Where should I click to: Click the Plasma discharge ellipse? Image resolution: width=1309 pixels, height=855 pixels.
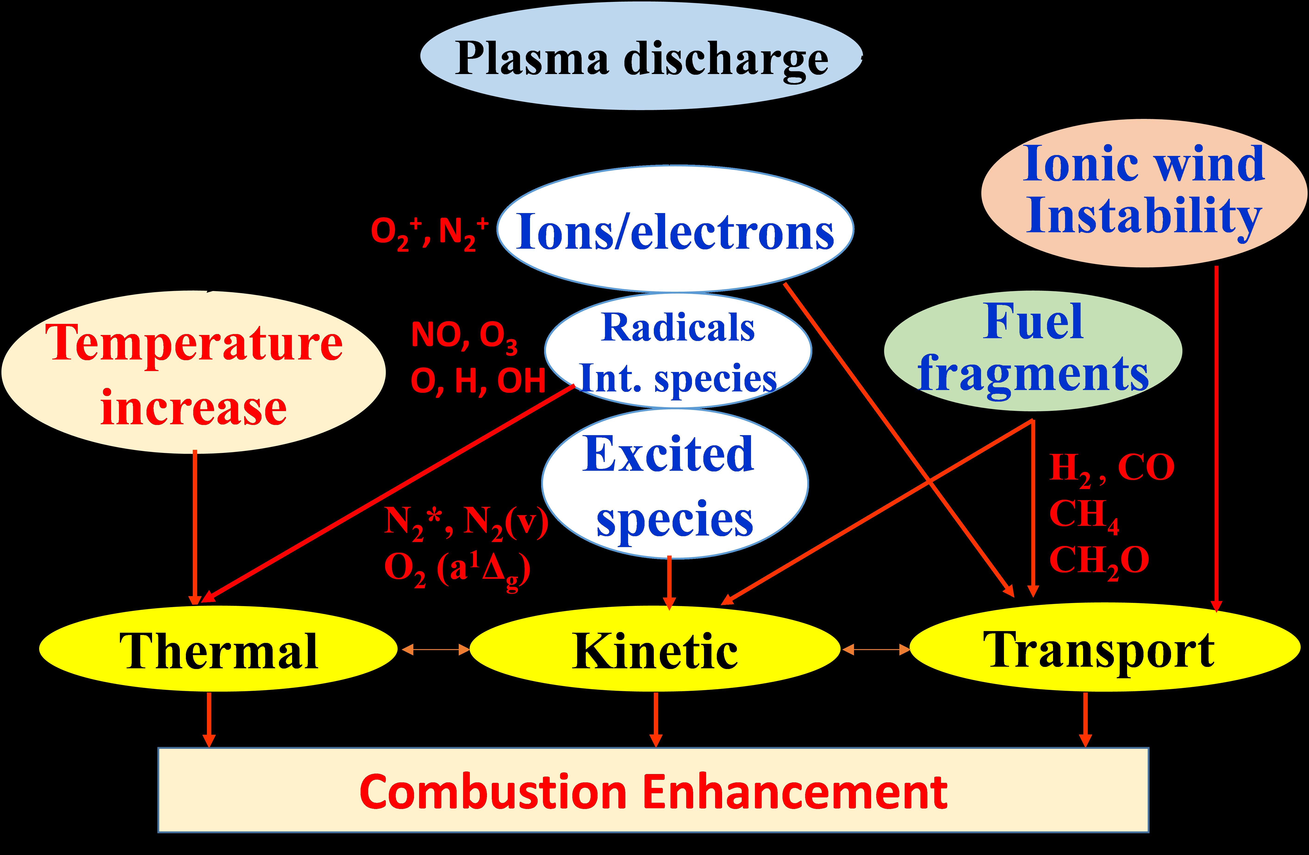pos(641,57)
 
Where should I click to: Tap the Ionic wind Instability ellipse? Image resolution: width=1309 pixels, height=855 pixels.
pos(1144,192)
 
